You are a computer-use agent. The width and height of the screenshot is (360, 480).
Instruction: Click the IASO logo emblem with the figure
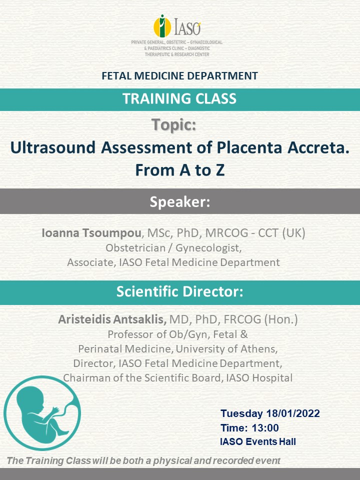(x=162, y=26)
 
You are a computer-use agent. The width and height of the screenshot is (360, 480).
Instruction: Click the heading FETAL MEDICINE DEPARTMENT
(x=179, y=75)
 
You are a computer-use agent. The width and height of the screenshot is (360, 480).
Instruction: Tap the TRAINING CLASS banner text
(x=179, y=98)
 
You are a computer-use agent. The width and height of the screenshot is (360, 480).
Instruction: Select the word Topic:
(x=174, y=125)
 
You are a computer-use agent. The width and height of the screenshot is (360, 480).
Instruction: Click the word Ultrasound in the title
(x=53, y=147)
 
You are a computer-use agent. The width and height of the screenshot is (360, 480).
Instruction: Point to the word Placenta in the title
(x=249, y=147)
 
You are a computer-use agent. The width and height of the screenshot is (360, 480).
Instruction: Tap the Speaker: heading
(x=180, y=201)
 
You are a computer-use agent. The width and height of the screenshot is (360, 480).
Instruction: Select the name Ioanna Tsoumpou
(x=91, y=233)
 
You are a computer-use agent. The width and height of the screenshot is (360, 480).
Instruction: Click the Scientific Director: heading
(x=180, y=291)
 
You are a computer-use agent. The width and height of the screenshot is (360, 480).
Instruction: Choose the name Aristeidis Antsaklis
(x=112, y=319)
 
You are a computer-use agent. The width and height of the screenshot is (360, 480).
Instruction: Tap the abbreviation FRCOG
(x=242, y=319)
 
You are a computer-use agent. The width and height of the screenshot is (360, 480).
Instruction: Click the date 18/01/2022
(x=293, y=413)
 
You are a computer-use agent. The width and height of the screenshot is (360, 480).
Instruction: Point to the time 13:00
(x=265, y=427)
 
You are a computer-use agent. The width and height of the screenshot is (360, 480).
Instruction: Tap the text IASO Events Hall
(x=258, y=441)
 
